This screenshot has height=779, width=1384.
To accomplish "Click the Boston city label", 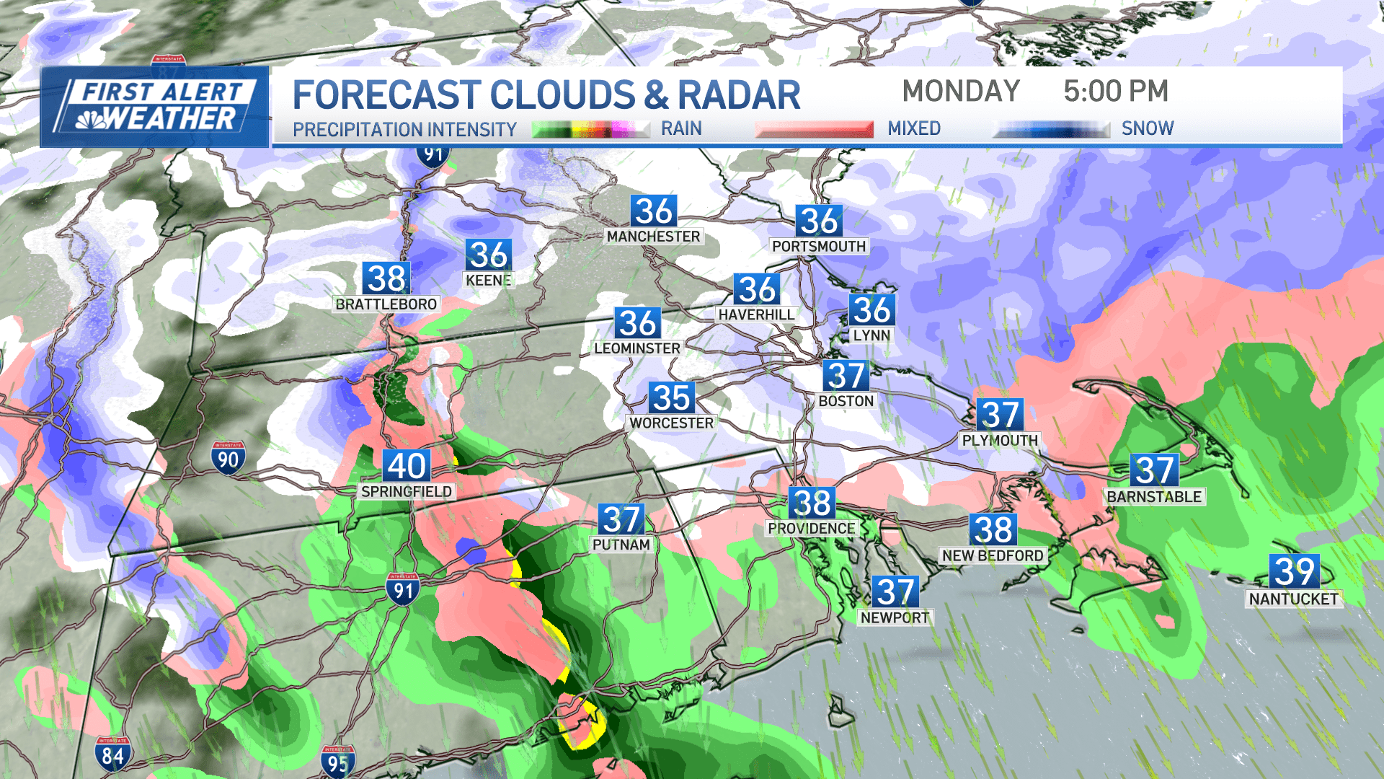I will coord(846,401).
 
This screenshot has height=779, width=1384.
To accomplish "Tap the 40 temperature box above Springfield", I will coord(407,465).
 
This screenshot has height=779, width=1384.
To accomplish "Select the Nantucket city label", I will coord(1293,599).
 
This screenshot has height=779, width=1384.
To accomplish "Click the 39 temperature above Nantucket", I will coord(1295,571).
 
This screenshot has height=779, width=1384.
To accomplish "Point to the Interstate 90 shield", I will coord(228,458).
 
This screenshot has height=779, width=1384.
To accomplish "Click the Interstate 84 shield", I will coord(112,754).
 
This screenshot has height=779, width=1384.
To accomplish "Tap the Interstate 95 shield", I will coord(337,762).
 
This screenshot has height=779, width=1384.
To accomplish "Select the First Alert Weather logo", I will coord(154,107).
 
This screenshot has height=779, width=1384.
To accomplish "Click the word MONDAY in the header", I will coord(961,92).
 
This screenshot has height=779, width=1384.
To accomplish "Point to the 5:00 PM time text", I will coord(1115,92).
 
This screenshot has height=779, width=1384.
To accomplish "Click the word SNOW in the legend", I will coord(1148,128).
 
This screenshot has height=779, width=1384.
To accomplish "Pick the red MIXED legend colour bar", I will coord(814,129).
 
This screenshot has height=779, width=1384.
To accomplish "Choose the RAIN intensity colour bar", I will coord(590,129).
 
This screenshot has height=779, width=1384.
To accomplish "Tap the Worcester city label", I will coord(671,423).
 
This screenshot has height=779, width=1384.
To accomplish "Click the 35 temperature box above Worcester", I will coord(671,397).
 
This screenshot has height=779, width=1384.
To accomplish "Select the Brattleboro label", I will coord(386,304).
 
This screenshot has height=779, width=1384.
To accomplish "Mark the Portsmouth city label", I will coord(818,247).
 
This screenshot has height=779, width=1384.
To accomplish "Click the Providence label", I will coord(811,529).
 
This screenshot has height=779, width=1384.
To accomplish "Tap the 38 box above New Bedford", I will coord(993,529).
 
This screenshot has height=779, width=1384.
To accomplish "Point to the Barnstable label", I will coord(1154,497).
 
